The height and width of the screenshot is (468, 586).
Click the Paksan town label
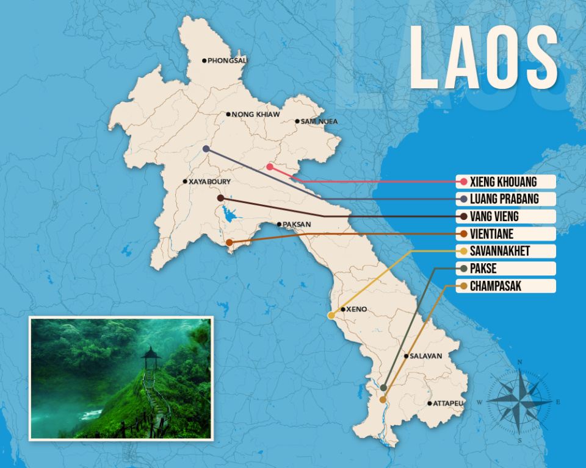(296, 224)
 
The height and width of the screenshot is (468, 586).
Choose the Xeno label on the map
(356, 310)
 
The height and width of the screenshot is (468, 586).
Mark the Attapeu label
(448, 403)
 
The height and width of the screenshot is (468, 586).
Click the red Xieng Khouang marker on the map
(270, 167)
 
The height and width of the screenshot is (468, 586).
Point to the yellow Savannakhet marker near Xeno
(331, 316)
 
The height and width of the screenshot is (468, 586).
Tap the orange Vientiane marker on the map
(229, 243)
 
